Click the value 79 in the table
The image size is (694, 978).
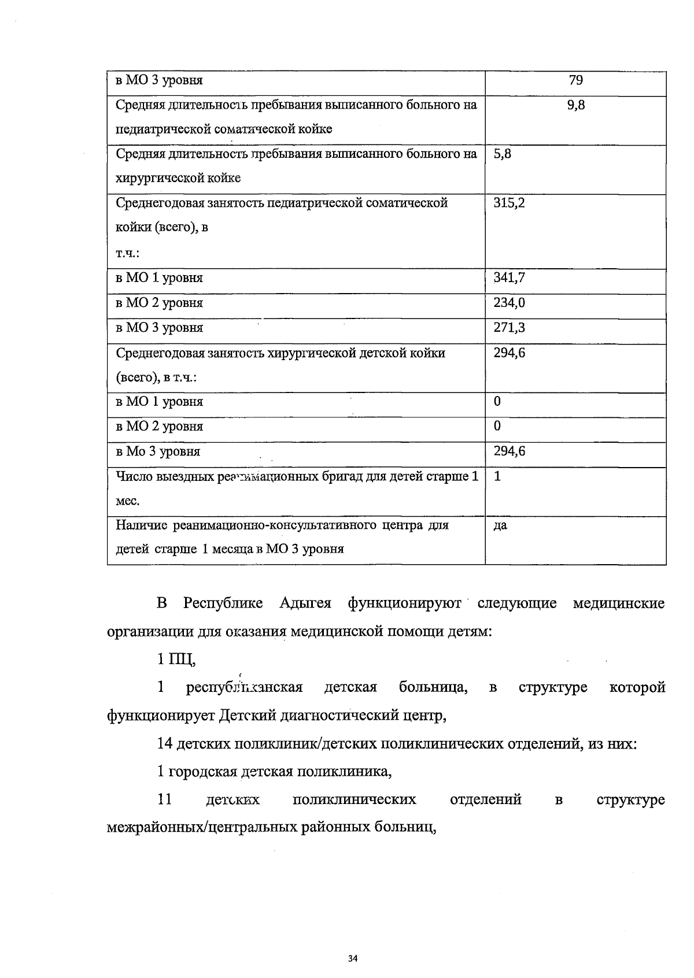point(575,80)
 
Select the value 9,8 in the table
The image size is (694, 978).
point(576,105)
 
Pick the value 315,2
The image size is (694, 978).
point(509,203)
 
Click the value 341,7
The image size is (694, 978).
point(509,277)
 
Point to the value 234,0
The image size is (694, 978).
point(509,302)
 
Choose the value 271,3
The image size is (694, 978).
point(509,328)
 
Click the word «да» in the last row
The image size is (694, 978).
point(500,526)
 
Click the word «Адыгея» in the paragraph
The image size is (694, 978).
point(305,603)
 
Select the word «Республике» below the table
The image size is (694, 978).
point(223,603)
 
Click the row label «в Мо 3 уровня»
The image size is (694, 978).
point(158,451)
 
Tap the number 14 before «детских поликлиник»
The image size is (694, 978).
point(164,743)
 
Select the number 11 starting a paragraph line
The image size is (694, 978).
point(164,799)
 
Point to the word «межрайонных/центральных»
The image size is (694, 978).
point(202,828)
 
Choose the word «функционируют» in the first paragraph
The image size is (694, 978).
point(404,603)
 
